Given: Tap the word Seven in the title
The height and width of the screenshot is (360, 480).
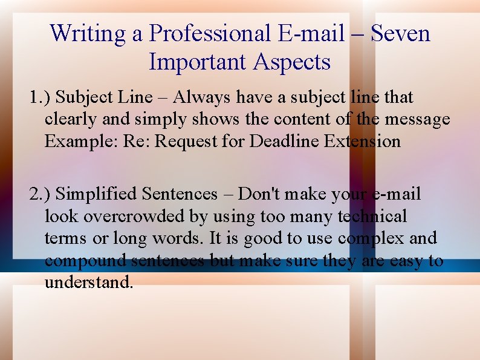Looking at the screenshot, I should pos(400,33).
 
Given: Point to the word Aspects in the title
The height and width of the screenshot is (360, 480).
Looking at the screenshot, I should pos(292,62).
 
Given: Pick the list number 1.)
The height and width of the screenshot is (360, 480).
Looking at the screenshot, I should pos(41,97).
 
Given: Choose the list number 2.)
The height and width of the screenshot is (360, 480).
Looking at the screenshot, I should pos(41,194).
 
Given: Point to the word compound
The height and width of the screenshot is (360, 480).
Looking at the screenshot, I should pos(85,261).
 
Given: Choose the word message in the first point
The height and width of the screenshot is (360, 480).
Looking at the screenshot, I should pos(418,119).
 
